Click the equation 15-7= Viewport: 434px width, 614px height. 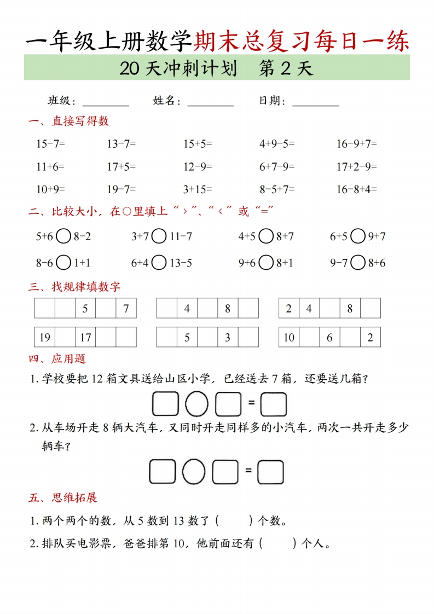pyautogui.click(x=50, y=144)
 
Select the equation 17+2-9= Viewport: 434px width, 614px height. pyautogui.click(x=356, y=166)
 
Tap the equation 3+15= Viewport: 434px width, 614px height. pyautogui.click(x=197, y=189)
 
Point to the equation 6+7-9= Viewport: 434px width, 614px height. pyautogui.click(x=277, y=166)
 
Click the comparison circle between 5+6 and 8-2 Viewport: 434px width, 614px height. pyautogui.click(x=64, y=236)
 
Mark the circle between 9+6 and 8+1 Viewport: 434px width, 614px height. pyautogui.click(x=266, y=263)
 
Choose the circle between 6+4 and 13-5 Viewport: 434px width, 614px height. pyautogui.click(x=159, y=263)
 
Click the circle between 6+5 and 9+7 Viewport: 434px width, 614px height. pyautogui.click(x=358, y=236)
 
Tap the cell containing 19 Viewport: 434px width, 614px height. pyautogui.click(x=44, y=337)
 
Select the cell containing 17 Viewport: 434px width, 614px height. pyautogui.click(x=85, y=337)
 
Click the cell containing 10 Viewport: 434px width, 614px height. pyautogui.click(x=288, y=337)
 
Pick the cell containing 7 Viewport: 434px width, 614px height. pyautogui.click(x=126, y=309)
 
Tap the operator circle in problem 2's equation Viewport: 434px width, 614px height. pyautogui.click(x=193, y=472)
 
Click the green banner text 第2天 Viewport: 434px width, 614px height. pyautogui.click(x=286, y=68)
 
